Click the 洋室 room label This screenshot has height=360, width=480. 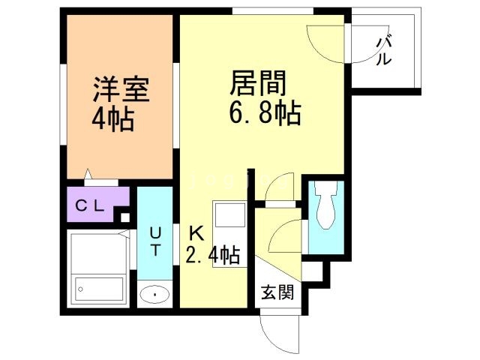121,89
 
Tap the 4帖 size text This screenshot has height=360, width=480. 113,119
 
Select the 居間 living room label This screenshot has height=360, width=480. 258,82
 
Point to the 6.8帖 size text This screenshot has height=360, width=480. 265,112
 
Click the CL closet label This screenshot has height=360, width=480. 90,205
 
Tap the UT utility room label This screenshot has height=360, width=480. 155,241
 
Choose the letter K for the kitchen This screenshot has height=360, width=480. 196,234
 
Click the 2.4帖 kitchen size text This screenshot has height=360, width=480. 213,255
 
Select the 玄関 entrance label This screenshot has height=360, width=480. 277,292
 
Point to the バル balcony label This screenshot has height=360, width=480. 384,52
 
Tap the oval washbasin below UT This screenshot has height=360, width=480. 154,295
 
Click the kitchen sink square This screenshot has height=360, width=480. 230,214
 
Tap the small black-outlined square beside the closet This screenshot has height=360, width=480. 125,217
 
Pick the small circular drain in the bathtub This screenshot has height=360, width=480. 80,289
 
